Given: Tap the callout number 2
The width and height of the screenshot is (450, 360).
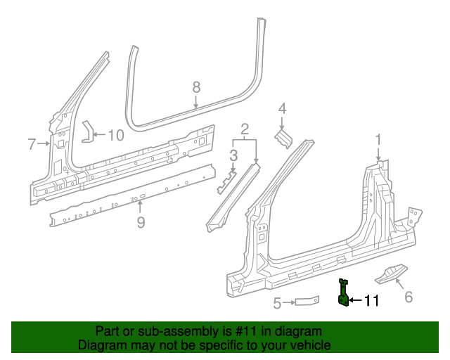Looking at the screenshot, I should tap(245, 129).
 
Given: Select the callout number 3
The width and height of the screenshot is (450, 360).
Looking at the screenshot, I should tap(233, 155).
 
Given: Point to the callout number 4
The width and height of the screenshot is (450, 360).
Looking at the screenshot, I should tap(282, 108).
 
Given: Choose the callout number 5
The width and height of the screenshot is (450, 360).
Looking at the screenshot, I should tap(277, 303).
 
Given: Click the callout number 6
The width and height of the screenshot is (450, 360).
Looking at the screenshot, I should tap(409, 297).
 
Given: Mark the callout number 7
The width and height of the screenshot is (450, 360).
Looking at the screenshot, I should tap(32, 144).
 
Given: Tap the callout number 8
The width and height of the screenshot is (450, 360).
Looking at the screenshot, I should tap(196, 86).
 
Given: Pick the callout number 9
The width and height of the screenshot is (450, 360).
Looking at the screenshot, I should tap(141, 222).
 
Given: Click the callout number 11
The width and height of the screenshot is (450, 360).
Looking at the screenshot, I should tap(371, 301).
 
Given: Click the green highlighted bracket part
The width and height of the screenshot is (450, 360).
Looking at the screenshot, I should tap(343, 294).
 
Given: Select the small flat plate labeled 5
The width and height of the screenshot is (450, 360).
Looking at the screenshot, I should tap(307, 302).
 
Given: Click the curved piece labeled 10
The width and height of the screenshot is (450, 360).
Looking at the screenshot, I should tap(87, 131).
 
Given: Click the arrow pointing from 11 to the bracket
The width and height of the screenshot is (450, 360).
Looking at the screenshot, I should tap(355, 301).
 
